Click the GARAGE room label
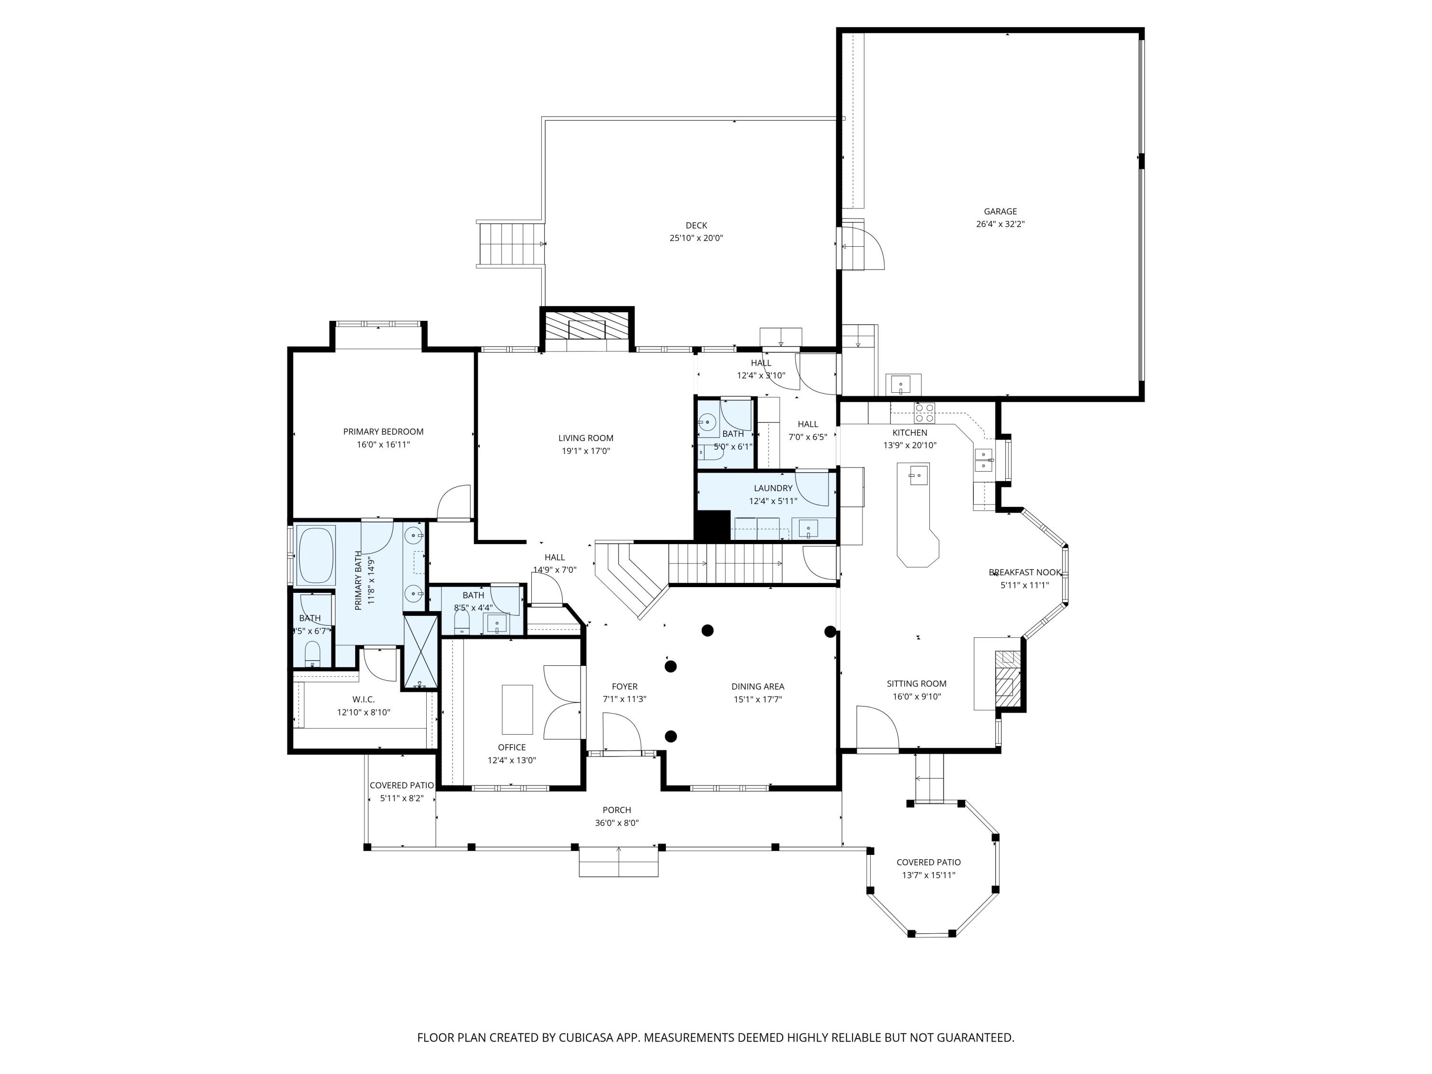click(x=1000, y=211)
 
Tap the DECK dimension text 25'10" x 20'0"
click(x=696, y=238)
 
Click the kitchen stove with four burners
click(x=924, y=412)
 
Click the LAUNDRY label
click(x=773, y=488)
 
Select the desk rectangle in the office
click(x=517, y=709)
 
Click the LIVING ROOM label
click(x=586, y=438)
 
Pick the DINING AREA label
click(x=758, y=686)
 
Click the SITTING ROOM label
click(x=916, y=684)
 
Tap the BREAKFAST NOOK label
click(x=1025, y=572)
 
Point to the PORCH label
click(x=616, y=810)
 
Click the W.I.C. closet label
click(x=363, y=699)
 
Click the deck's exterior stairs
click(x=510, y=244)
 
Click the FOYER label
click(x=625, y=686)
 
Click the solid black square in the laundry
click(x=713, y=525)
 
